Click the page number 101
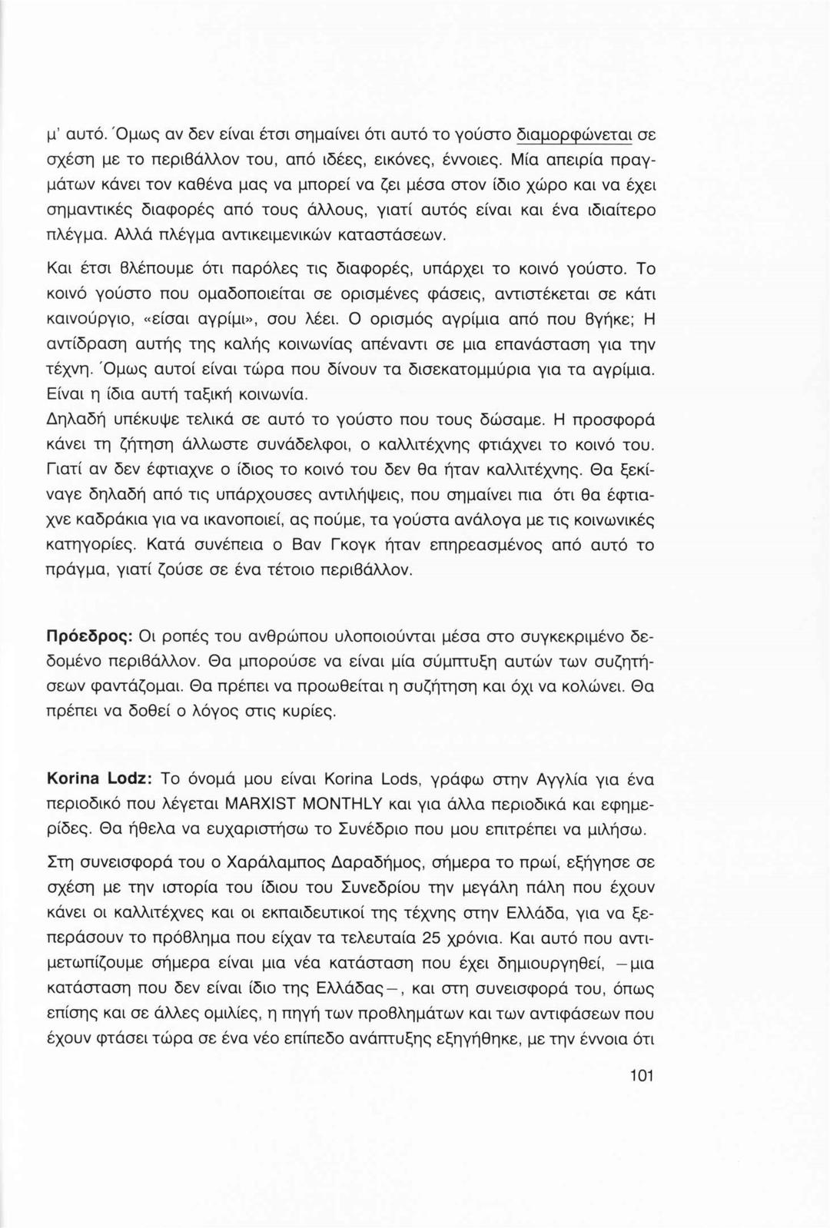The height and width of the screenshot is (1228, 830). pos(640,1076)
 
